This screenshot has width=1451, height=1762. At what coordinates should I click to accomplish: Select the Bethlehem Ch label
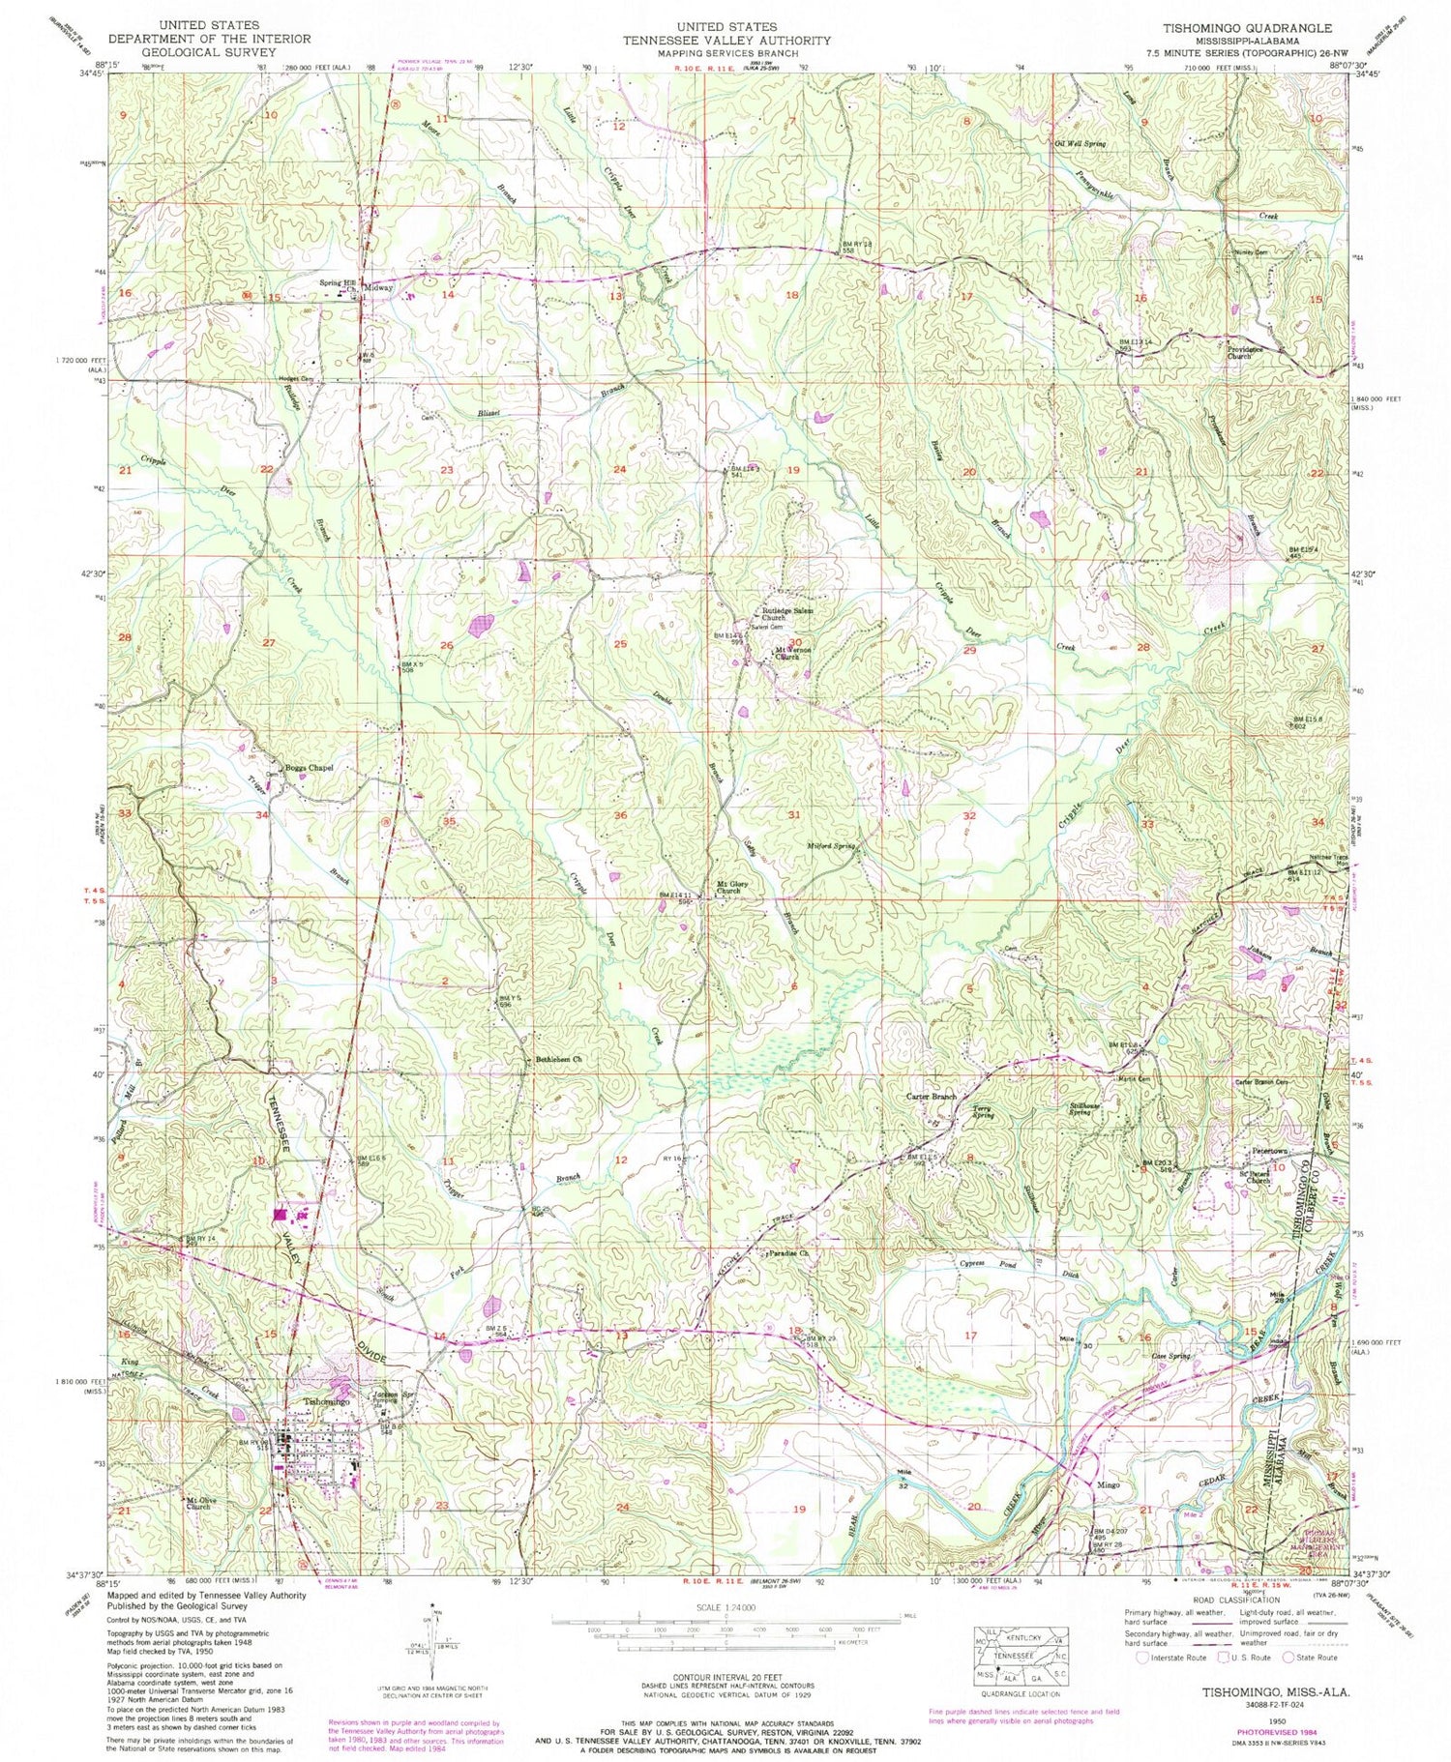pyautogui.click(x=558, y=1059)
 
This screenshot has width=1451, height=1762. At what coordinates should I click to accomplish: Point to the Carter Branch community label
pyautogui.click(x=931, y=1096)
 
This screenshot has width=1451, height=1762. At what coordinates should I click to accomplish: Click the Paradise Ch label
pyautogui.click(x=787, y=1252)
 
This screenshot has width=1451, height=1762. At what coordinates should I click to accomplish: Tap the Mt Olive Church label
pyautogui.click(x=197, y=1503)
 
